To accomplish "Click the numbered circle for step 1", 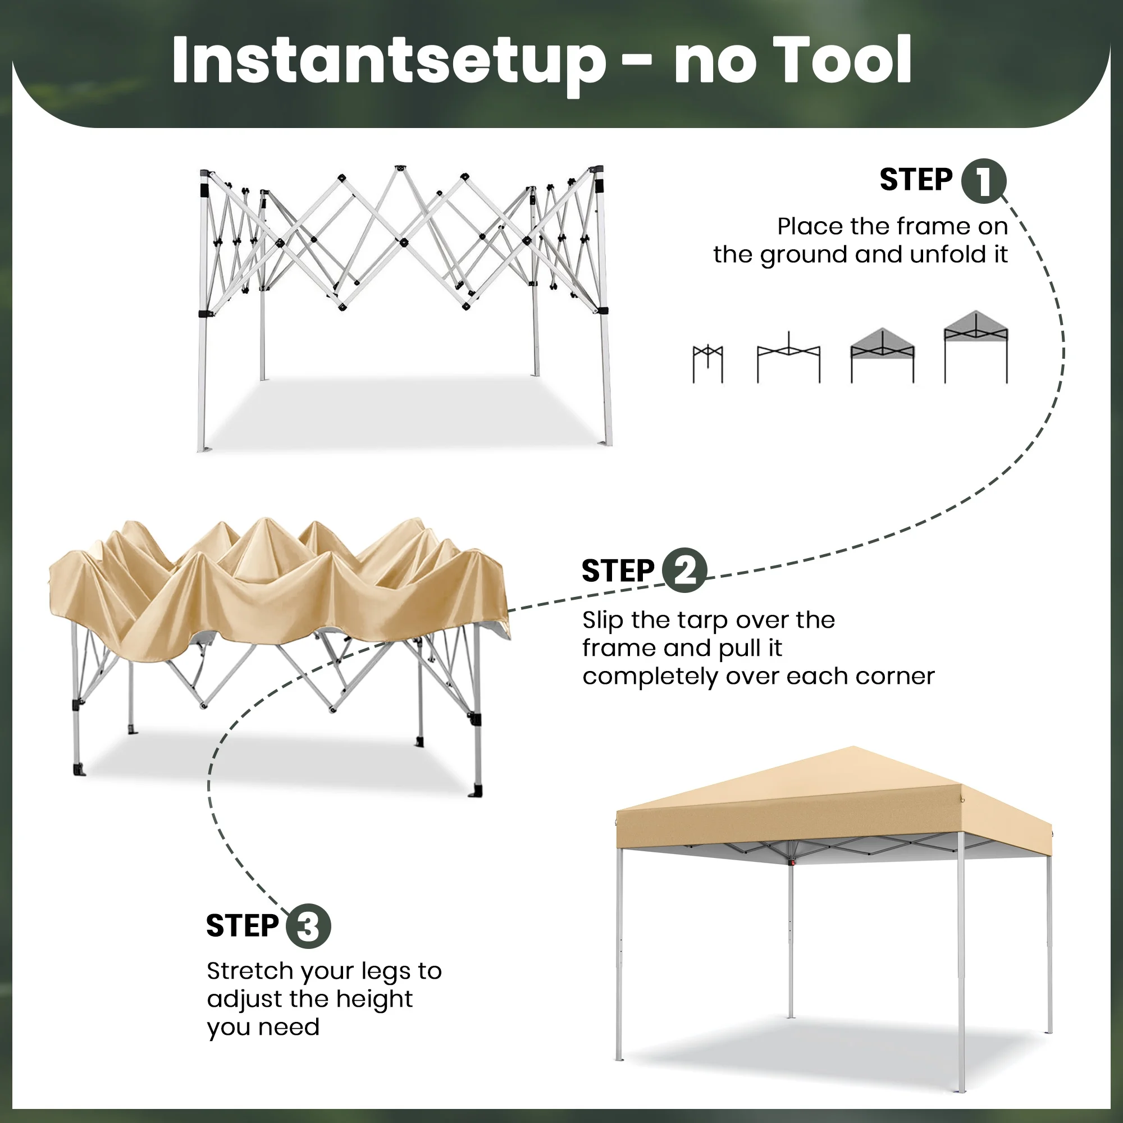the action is click(983, 181).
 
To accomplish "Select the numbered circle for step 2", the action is click(684, 570).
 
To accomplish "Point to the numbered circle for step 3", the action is click(308, 926).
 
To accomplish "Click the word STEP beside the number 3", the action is click(243, 926).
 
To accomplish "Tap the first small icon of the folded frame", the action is click(708, 364).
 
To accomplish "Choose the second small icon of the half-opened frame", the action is click(789, 358).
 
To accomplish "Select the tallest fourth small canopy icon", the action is click(976, 347).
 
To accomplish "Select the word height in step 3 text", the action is click(375, 1000).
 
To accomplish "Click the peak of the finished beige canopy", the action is click(853, 747).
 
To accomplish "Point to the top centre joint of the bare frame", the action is click(400, 168).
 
